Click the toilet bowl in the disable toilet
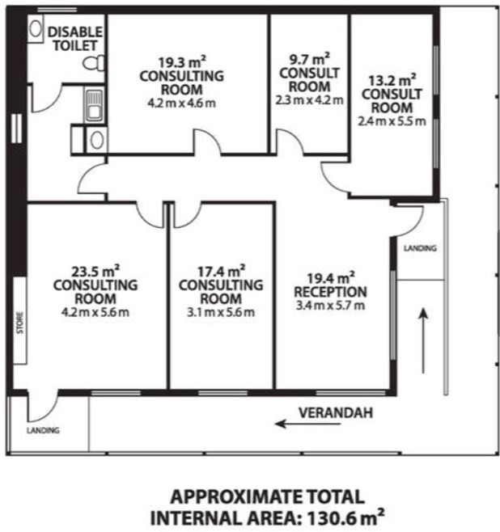(94, 63)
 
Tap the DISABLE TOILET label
(75, 39)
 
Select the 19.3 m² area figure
(182, 62)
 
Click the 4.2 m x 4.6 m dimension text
(182, 103)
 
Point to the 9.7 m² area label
(309, 59)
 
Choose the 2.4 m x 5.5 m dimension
(392, 121)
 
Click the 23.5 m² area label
(95, 272)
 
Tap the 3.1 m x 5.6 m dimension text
(221, 312)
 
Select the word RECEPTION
(330, 292)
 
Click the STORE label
(20, 323)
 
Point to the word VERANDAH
(336, 412)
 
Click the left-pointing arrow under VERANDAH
(308, 424)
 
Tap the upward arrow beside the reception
(423, 340)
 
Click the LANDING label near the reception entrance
(420, 248)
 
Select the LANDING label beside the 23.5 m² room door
(43, 431)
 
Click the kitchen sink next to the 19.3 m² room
(94, 105)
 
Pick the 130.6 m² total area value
(346, 517)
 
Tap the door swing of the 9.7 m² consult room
(289, 141)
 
